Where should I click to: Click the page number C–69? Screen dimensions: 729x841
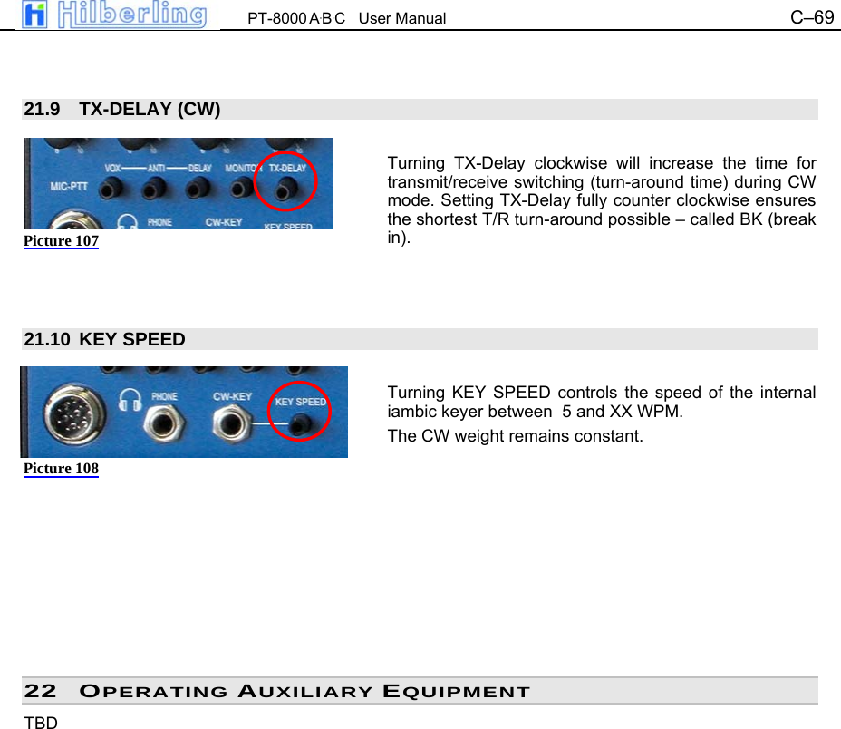(812, 17)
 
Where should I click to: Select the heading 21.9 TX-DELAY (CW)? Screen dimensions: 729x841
(122, 110)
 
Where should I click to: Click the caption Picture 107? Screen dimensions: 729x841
(61, 241)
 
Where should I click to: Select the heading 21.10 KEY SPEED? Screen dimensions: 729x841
(105, 340)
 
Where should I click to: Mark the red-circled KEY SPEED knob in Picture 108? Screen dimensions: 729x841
(299, 423)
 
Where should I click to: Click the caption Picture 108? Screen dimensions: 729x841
(61, 469)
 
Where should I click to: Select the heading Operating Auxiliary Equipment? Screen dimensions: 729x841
(304, 692)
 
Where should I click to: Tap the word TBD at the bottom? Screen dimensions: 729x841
(41, 723)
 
